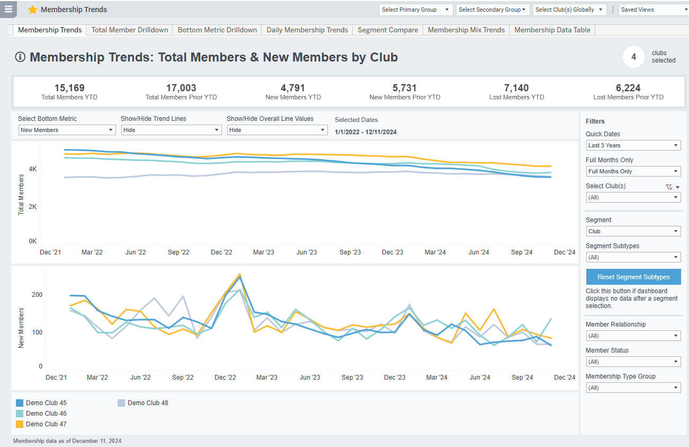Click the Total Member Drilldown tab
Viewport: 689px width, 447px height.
130,30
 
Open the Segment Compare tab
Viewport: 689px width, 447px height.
388,30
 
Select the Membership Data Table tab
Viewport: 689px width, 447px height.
552,30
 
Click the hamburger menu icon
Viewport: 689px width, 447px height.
8,9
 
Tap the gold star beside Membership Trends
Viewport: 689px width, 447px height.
33,10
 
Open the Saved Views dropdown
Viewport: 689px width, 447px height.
653,10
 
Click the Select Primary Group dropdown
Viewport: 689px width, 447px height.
416,10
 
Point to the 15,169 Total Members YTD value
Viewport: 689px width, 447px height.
69,88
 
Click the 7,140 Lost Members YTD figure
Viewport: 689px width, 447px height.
516,88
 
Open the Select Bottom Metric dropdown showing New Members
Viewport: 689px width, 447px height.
67,130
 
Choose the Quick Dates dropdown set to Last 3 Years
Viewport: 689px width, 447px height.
633,145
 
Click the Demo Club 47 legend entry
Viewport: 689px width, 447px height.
46,424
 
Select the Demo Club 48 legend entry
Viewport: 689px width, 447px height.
148,403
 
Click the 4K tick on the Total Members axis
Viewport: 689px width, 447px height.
32,169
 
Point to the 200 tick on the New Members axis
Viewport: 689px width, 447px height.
37,295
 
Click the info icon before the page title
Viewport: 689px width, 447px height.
21,57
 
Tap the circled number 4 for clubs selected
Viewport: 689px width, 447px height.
633,57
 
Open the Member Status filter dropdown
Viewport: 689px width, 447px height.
633,362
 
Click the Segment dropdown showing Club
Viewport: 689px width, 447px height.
633,231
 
